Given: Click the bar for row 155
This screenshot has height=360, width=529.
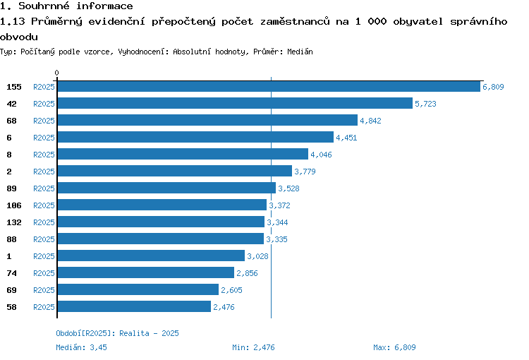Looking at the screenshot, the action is point(269,86).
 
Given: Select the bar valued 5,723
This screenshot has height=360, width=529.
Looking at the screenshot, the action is point(235,103).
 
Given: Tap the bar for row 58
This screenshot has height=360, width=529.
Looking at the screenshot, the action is point(134,306).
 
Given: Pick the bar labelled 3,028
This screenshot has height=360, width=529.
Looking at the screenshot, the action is point(151,256).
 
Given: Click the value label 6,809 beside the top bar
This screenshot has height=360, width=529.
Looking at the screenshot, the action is point(493,87).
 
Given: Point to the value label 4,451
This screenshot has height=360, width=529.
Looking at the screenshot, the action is point(346,138).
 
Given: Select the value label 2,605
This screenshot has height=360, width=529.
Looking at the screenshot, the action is point(231,290).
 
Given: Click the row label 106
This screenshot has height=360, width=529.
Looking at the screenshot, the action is point(14,205).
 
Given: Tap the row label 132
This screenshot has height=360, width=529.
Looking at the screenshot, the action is point(14,222).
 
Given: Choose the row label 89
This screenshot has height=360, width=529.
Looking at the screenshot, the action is point(11,188).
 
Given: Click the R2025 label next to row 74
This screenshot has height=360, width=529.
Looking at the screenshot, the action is point(44,273).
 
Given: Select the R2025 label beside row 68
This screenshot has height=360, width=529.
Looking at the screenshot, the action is point(44,121).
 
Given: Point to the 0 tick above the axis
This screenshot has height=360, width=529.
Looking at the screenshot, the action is point(56,73).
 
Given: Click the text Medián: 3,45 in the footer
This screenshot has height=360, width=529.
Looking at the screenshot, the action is point(81,347).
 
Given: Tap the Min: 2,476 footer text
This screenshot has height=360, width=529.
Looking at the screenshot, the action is point(253,347).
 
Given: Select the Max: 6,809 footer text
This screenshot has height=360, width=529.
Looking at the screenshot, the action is point(394,347).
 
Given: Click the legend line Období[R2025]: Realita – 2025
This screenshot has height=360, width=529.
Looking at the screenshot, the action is point(117,333).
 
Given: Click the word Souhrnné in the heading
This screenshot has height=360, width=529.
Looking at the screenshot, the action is point(44,6).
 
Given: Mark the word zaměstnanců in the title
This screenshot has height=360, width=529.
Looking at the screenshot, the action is point(295,22).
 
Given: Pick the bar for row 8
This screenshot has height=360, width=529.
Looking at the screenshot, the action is point(183,154).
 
